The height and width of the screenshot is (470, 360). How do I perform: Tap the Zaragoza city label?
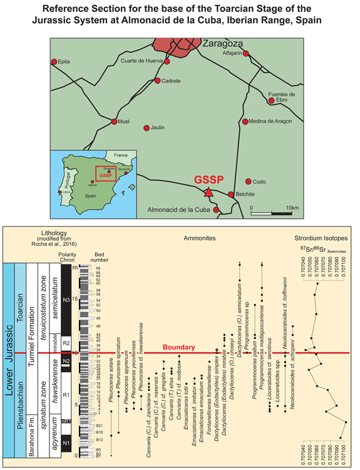223,43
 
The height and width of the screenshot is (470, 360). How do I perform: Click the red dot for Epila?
54,62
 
